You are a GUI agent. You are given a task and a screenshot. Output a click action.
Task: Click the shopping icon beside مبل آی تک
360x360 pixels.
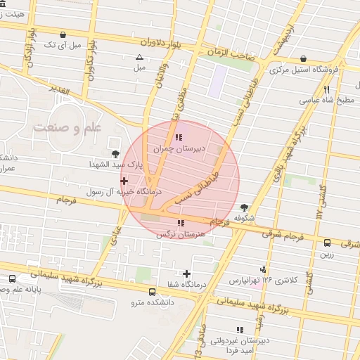click(64, 34)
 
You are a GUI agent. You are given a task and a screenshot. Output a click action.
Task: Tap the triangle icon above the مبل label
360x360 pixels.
click(139, 58)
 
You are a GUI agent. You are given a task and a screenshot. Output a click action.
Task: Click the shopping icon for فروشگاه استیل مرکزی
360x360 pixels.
click(303, 58)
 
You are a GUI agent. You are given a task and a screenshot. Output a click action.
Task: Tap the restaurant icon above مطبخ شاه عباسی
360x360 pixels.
click(326, 89)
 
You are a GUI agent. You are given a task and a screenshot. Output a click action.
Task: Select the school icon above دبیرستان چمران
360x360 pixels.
click(179, 137)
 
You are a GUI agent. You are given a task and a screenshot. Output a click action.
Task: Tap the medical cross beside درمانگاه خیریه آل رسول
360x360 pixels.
click(124, 181)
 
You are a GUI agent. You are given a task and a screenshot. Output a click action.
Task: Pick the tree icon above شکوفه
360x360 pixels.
click(244, 207)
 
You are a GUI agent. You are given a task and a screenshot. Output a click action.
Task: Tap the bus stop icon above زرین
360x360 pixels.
click(327, 243)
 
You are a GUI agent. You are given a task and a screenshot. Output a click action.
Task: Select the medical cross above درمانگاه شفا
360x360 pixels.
click(186, 274)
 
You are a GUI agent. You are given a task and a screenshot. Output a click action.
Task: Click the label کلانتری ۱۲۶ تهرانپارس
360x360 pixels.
click(264, 280)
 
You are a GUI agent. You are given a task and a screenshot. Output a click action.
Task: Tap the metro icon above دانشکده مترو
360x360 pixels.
click(153, 292)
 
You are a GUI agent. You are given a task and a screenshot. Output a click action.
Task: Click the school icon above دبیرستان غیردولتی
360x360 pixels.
click(240, 329)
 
